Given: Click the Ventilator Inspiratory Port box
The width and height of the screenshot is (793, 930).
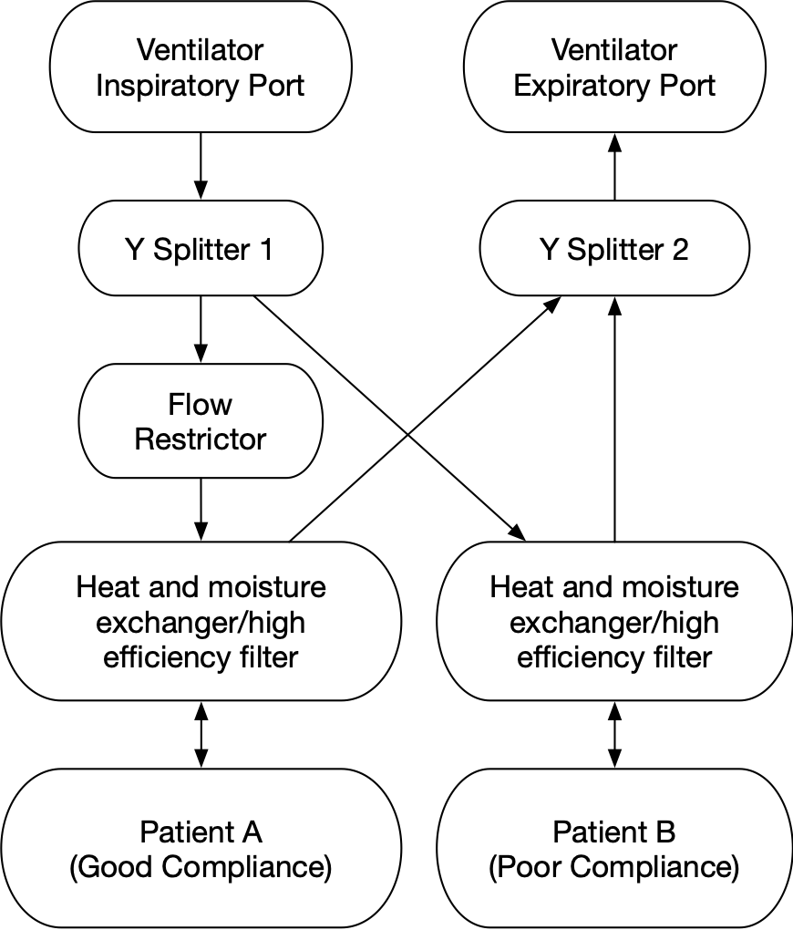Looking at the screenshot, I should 201,67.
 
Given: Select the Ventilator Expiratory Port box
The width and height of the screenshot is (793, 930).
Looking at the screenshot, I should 614,67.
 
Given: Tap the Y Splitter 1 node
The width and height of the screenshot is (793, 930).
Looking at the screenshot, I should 201,250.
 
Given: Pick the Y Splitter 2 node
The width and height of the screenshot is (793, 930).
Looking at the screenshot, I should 614,250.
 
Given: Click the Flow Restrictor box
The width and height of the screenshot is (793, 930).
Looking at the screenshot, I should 201,420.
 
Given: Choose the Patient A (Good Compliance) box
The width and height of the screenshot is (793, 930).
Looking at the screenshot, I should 201,849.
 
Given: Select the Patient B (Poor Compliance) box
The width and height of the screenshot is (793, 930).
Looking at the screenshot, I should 614,849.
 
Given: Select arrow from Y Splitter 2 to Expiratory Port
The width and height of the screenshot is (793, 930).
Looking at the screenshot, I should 614,168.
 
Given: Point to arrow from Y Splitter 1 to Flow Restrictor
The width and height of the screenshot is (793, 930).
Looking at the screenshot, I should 201,331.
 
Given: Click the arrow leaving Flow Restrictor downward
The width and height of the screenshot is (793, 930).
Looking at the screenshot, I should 201,510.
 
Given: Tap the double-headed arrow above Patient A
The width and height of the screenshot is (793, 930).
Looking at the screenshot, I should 201,734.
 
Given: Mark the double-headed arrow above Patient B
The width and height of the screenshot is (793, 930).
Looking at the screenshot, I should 614,734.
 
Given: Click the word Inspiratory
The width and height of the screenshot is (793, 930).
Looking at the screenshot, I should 170,86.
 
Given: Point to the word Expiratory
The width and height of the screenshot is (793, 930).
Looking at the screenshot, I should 584,86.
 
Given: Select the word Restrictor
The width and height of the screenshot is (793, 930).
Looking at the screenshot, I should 201,439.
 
